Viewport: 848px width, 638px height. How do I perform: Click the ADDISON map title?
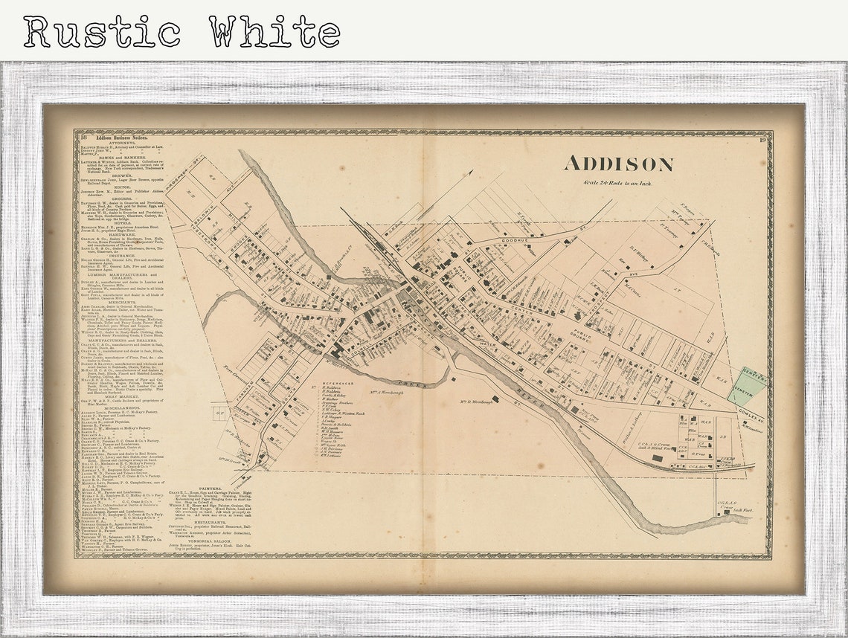tap(618, 164)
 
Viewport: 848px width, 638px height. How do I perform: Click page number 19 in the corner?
tap(762, 139)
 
